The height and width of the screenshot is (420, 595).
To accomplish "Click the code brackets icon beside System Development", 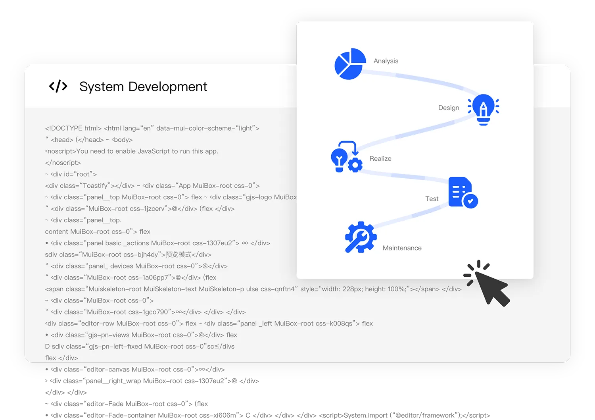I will [58, 86].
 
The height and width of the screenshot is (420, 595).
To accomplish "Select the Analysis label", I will [386, 61].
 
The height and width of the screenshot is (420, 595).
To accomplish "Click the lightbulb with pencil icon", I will [483, 109].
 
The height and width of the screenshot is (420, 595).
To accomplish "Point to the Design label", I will [448, 108].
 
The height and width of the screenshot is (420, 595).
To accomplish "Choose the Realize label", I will [380, 158].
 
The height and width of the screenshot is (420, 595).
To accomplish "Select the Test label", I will [432, 198].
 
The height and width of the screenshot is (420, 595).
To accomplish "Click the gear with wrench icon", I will [360, 237].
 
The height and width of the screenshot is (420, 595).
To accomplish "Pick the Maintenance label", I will [402, 248].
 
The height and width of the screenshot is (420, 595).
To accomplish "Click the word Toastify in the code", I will [95, 186].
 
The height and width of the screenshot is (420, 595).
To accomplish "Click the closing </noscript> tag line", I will [63, 163].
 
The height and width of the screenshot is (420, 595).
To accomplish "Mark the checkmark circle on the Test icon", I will [470, 201].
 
